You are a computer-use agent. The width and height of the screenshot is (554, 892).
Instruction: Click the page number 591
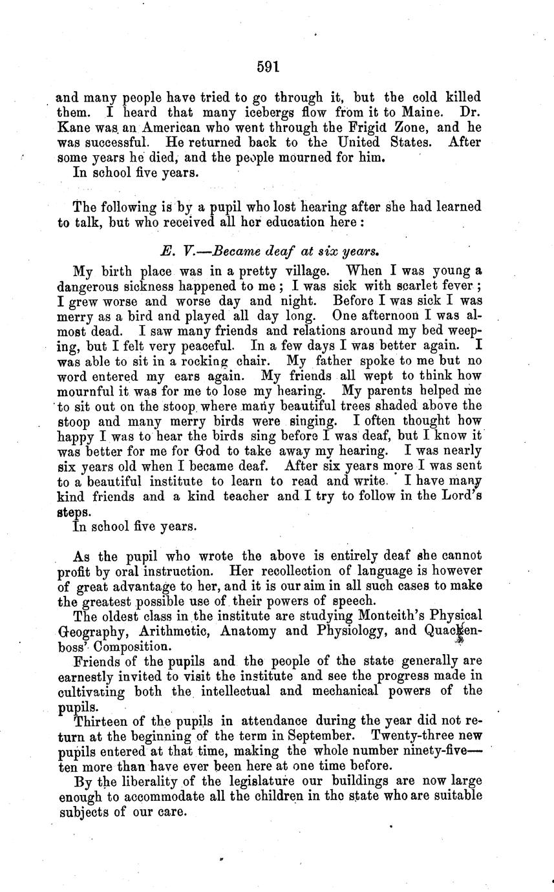[x=267, y=66]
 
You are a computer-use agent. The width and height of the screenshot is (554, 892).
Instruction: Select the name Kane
[x=72, y=127]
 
